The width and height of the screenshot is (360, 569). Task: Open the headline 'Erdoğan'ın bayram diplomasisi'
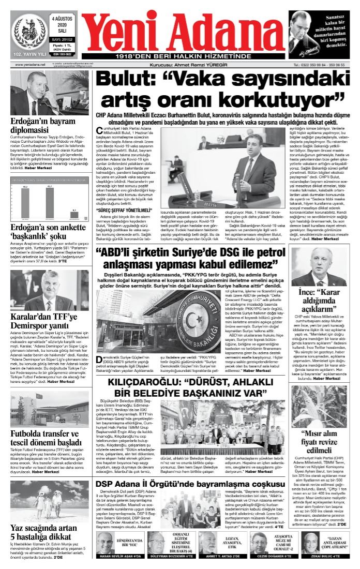click(43, 126)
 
